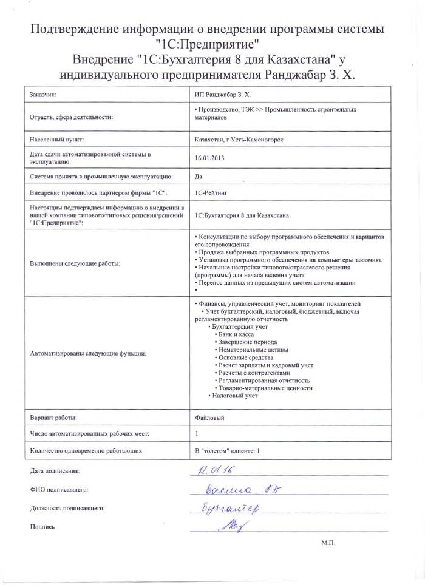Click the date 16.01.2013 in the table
coord(207,158)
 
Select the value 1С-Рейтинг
coord(211,192)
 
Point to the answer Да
coord(198,176)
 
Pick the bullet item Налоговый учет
coord(234,396)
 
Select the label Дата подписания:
coord(55,471)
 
